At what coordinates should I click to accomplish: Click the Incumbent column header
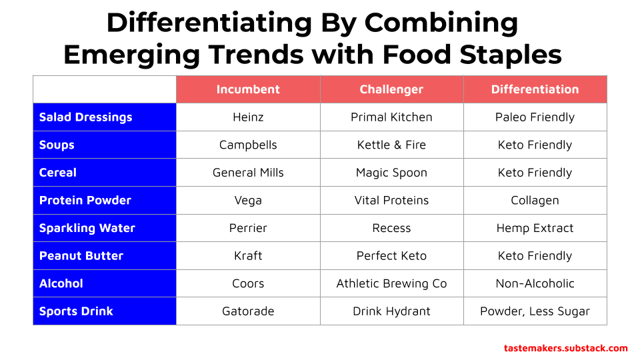248,89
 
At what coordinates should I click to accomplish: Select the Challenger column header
391,89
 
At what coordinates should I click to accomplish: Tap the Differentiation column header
535,89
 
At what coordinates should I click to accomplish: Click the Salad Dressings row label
86,117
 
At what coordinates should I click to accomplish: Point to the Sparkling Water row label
87,228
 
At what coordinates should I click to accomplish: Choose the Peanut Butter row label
81,256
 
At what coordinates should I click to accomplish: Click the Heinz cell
248,117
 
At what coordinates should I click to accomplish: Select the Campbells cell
248,145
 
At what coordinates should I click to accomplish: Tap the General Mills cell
248,173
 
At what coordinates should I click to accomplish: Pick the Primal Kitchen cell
391,117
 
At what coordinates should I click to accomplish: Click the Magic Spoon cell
391,173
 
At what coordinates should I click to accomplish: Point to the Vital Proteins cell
391,201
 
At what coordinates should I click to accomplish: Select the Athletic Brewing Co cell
391,284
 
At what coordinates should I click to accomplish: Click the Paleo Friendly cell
535,117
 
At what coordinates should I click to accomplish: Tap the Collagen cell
535,201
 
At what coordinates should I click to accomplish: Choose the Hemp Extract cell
535,228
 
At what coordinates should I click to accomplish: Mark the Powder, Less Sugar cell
535,311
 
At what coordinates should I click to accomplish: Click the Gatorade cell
248,311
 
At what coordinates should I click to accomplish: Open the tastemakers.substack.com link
565,348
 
